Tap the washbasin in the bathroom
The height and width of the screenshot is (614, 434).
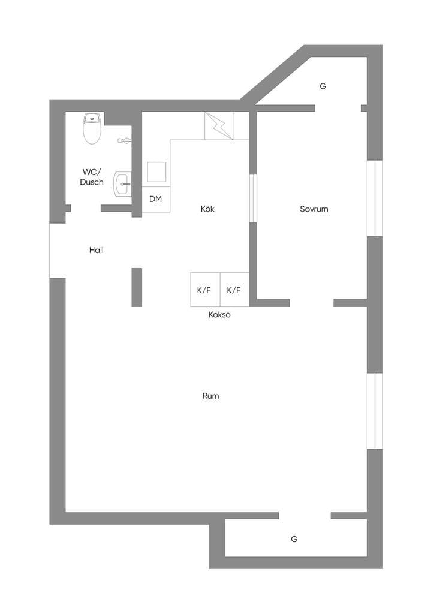[x=122, y=183]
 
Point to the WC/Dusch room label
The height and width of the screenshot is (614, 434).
[x=92, y=177]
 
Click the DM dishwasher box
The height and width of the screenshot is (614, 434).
[x=156, y=199]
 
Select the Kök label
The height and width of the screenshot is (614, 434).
[x=207, y=209]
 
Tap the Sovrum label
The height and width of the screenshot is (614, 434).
[x=314, y=209]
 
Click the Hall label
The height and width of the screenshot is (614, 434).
[x=97, y=250]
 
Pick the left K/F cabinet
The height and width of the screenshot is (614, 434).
[x=205, y=290]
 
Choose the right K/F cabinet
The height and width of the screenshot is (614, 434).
[x=234, y=290]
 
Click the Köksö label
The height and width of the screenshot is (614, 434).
[x=219, y=314]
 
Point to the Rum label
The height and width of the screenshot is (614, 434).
[x=210, y=396]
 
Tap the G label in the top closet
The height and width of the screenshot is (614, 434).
[x=323, y=86]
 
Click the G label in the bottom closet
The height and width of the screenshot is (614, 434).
[x=294, y=539]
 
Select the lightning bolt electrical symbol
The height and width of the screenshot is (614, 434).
[x=219, y=126]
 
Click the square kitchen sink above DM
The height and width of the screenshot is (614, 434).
[x=156, y=172]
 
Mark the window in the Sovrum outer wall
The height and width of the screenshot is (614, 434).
[x=375, y=198]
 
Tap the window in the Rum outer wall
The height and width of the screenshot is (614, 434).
[x=375, y=411]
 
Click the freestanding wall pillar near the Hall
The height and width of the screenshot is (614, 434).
[x=137, y=287]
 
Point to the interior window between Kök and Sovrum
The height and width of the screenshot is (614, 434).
[x=253, y=198]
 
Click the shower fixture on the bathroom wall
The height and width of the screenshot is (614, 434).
[x=125, y=140]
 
